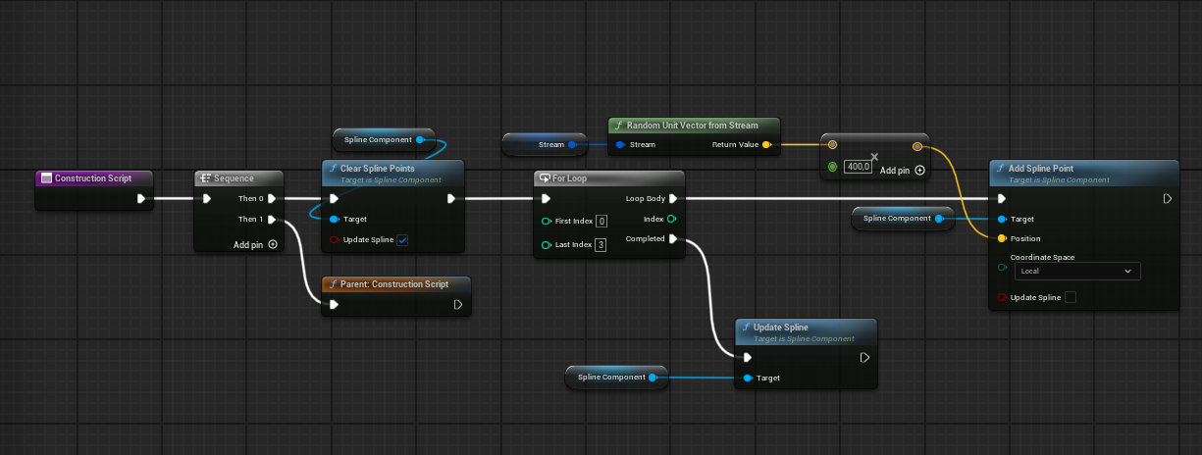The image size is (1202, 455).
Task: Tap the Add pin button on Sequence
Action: point(273,245)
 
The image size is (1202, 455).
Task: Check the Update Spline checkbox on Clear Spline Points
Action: point(402,240)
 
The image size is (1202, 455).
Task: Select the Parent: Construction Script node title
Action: point(393,284)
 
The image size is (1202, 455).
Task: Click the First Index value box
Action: point(601,221)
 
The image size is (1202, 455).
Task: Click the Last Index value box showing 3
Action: point(601,244)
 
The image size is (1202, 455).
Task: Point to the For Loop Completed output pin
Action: point(672,238)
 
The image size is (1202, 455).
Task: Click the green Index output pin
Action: point(672,219)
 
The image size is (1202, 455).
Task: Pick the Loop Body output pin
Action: point(672,199)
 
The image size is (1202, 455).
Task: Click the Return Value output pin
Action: point(765,144)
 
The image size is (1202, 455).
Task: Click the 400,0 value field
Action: point(859,167)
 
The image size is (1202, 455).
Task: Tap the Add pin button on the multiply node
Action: point(919,171)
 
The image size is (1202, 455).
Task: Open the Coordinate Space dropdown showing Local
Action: point(1075,271)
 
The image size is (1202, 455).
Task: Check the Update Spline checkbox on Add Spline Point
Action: point(1071,297)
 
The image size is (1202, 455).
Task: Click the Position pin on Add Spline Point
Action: point(1001,238)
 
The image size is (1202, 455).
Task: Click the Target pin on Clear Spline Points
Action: point(334,219)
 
